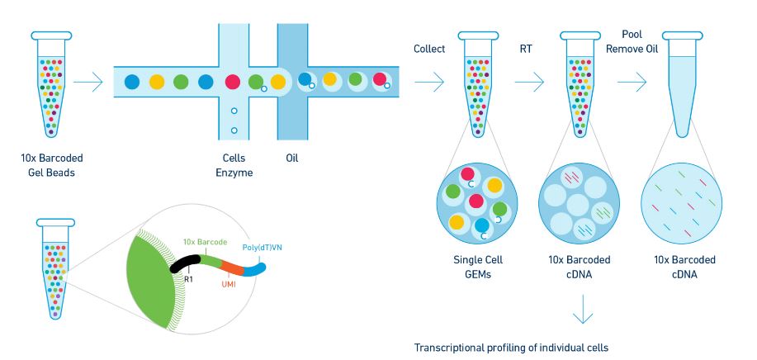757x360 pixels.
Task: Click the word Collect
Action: pos(429,49)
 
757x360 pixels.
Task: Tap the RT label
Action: pos(525,49)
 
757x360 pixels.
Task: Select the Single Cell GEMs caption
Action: pos(479,266)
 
